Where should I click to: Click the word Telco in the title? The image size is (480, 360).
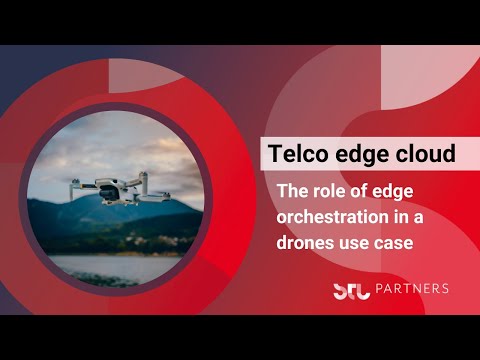coord(299,155)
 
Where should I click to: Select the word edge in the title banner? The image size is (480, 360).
coord(362,155)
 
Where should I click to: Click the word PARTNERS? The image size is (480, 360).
coord(411,289)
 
